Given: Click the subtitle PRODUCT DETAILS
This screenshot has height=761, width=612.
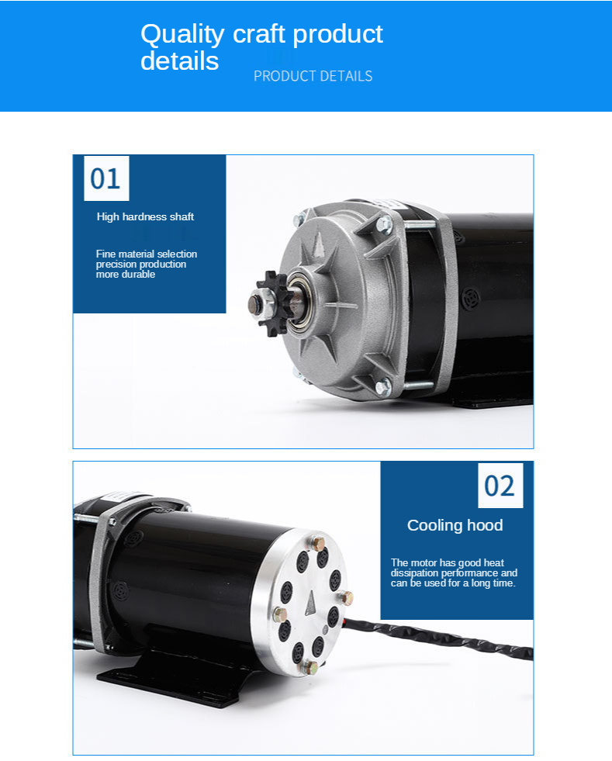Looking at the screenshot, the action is (313, 76).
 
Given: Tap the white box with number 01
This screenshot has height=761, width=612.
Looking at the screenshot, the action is (106, 178).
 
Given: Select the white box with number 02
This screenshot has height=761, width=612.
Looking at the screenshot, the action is (500, 486).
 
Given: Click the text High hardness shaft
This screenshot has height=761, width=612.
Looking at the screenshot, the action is (145, 216).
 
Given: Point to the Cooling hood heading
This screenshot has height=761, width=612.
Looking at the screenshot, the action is (455, 525).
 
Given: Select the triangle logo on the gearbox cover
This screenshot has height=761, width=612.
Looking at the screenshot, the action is (318, 243).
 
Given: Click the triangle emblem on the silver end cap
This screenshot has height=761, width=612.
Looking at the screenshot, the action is (310, 604).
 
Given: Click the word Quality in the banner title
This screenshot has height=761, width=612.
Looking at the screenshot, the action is (182, 34).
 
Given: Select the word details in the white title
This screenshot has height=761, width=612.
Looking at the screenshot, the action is (180, 61).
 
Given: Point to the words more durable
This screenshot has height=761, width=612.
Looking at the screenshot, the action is (125, 274).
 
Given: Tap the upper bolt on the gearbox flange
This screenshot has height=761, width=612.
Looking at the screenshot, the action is (384, 225).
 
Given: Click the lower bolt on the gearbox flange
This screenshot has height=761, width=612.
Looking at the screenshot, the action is (382, 386).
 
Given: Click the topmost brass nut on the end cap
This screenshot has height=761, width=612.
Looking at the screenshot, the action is (318, 542).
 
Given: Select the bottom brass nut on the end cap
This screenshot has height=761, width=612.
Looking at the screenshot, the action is (310, 667).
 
